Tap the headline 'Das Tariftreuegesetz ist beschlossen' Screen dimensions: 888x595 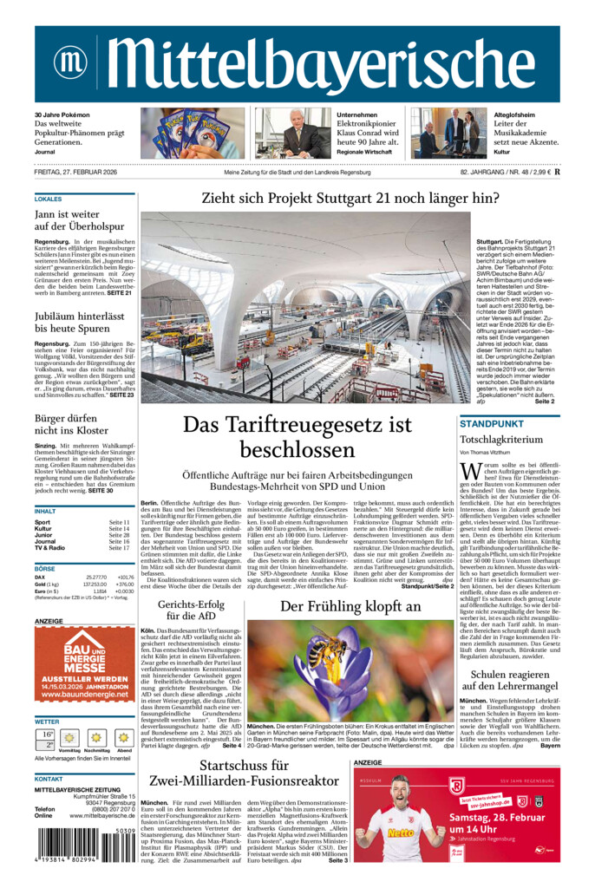[297, 437]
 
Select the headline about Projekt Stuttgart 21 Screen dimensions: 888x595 [350, 198]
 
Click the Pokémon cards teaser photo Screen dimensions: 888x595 [193, 133]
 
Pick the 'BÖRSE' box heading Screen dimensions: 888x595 [44, 568]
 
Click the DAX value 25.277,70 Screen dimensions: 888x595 [96, 577]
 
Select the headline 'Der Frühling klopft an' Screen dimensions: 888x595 [350, 607]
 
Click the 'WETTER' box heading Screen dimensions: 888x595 [47, 721]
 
